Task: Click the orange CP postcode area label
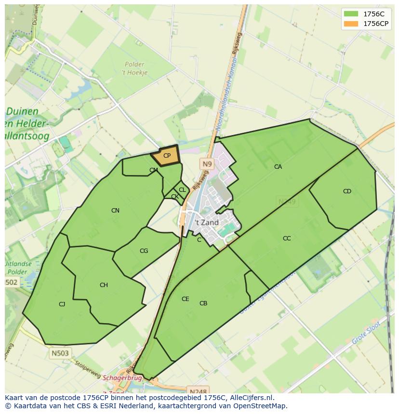(x=167, y=156)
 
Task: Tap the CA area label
(x=278, y=167)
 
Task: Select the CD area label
(x=347, y=191)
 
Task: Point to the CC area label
(x=287, y=238)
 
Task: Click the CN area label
(x=115, y=211)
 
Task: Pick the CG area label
(x=144, y=251)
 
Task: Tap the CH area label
(x=104, y=285)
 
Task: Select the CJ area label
(x=62, y=304)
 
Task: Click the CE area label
(x=185, y=299)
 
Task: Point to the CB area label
(x=203, y=303)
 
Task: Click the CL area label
(x=182, y=190)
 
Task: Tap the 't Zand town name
(x=207, y=223)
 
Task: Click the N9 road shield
(x=207, y=164)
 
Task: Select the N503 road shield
(x=60, y=353)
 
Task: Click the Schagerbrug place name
(x=122, y=378)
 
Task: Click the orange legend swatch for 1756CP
(x=351, y=24)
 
